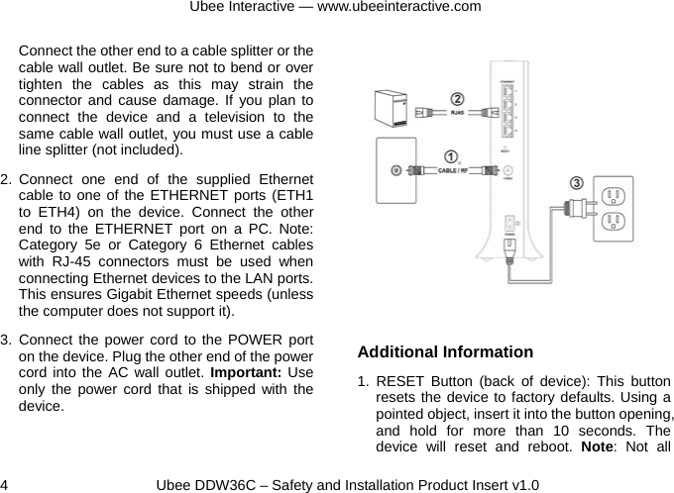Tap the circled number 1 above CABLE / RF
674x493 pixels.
tap(451, 156)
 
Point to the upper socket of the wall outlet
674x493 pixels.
tap(613, 193)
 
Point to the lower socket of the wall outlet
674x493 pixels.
tap(613, 222)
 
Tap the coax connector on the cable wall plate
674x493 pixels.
tap(396, 169)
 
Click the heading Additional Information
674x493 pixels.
tap(445, 352)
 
